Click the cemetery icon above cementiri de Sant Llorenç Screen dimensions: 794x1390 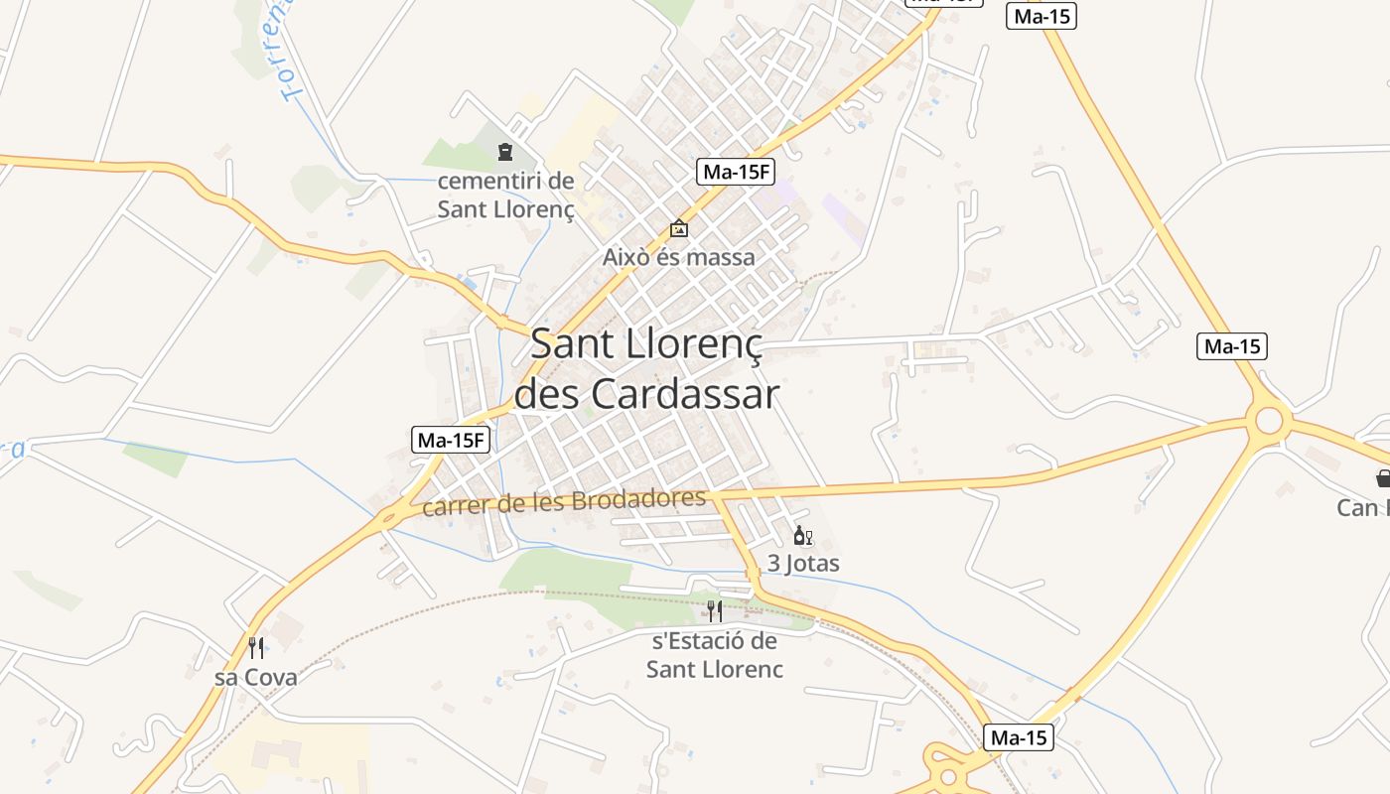tap(505, 153)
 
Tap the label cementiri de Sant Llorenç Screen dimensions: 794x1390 tap(506, 196)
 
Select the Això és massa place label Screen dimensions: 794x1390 tap(678, 257)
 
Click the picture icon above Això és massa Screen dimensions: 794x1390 tap(678, 229)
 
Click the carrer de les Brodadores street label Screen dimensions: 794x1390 tap(564, 502)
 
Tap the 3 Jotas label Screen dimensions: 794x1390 tap(803, 564)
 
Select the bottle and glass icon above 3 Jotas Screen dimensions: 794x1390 tap(802, 537)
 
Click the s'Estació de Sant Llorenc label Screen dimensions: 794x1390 tap(714, 655)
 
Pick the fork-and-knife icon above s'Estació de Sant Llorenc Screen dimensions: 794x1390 tap(714, 611)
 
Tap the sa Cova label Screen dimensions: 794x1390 tap(256, 678)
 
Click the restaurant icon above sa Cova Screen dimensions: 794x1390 tap(256, 648)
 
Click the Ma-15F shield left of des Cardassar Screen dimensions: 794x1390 tap(452, 440)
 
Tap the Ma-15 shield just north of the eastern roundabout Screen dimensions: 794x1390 tap(1232, 346)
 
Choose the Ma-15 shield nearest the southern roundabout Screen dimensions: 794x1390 tap(1018, 737)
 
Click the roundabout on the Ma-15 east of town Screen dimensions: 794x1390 tap(1269, 421)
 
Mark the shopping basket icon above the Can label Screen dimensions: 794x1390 tap(1383, 479)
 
